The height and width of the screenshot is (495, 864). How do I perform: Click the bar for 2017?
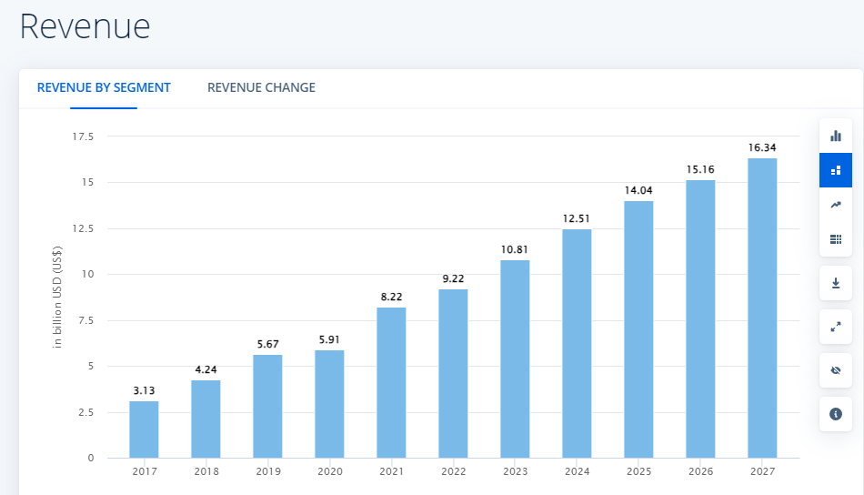coord(144,429)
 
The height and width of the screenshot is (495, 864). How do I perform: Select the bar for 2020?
coord(329,404)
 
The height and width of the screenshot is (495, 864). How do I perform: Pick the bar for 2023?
coord(515,359)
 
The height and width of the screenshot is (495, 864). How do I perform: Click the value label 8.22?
coord(391,297)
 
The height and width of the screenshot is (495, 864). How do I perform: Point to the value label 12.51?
coord(577,218)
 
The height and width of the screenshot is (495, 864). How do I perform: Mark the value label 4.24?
coord(206,369)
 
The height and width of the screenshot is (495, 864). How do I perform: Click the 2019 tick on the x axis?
coord(267,471)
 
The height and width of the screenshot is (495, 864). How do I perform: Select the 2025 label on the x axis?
coord(638,471)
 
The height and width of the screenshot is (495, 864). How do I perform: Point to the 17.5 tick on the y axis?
coord(83,136)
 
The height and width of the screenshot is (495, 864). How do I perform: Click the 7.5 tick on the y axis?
coord(85,320)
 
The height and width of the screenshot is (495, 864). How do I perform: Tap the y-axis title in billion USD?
coord(57,298)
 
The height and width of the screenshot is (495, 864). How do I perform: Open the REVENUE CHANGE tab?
coord(261,88)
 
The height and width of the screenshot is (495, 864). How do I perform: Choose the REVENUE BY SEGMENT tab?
coord(104,88)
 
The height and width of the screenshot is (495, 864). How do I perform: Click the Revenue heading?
coord(85,26)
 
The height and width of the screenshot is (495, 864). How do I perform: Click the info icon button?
coord(836,414)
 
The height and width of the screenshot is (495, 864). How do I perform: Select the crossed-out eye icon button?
coord(836,370)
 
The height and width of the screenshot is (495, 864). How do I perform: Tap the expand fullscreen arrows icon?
coord(836,327)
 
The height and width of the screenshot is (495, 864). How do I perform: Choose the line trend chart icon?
coord(836,205)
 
